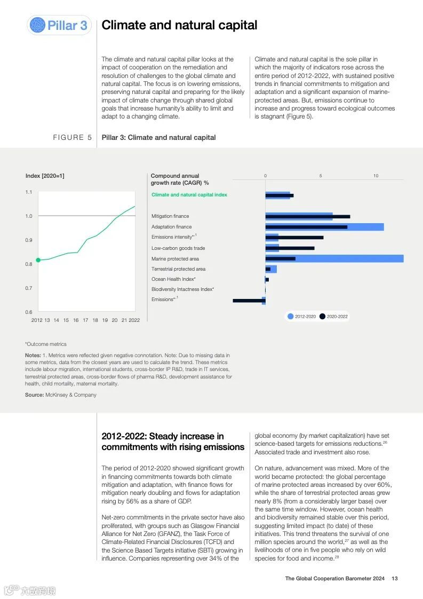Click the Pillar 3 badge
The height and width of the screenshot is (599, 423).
(59, 25)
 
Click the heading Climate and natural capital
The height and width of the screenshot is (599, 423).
(179, 25)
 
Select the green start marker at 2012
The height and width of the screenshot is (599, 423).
(38, 260)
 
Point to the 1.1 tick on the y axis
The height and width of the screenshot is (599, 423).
(29, 192)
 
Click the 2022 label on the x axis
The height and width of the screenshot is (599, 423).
(134, 320)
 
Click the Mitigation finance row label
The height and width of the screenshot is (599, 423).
(170, 216)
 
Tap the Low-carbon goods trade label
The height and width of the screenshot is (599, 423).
(178, 248)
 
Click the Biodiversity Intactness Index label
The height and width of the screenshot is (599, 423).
(182, 289)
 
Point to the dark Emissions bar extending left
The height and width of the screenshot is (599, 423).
(248, 301)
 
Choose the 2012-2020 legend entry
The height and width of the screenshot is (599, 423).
(302, 317)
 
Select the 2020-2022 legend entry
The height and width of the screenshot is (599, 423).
(334, 317)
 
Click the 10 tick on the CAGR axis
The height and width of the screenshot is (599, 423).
(376, 176)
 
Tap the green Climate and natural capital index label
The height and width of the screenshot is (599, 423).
(189, 195)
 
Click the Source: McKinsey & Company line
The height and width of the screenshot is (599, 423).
(61, 395)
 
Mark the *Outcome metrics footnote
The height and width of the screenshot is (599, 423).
(46, 344)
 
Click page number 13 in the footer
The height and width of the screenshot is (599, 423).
(395, 578)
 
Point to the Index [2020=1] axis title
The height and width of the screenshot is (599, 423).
(45, 176)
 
